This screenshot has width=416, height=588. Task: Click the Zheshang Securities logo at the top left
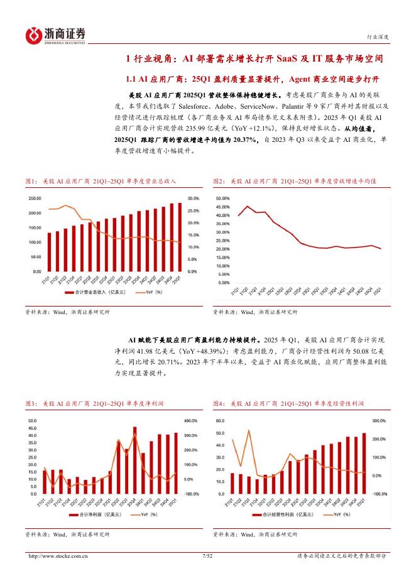pyautogui.click(x=55, y=35)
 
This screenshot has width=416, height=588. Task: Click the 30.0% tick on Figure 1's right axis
pyautogui.click(x=193, y=198)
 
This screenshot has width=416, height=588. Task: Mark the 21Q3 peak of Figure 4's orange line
pyautogui.click(x=249, y=431)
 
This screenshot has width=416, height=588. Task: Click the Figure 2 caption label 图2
pyautogui.click(x=219, y=181)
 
